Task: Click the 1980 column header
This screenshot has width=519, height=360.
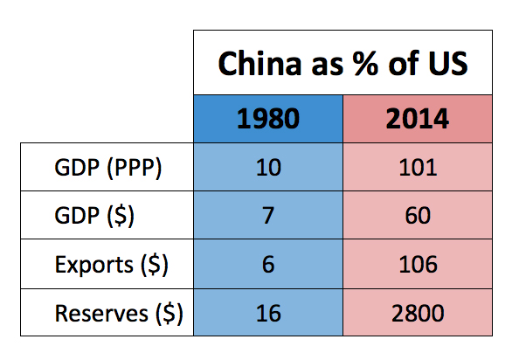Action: [x=267, y=118]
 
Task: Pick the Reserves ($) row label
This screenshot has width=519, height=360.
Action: [x=118, y=312]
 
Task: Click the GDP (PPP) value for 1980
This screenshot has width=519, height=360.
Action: [x=267, y=167]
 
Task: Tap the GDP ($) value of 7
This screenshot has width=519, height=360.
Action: [x=267, y=215]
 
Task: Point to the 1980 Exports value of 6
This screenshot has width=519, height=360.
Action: [x=267, y=263]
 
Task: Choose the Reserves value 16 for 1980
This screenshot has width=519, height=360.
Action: [x=267, y=312]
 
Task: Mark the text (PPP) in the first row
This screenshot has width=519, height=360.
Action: [x=132, y=167]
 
